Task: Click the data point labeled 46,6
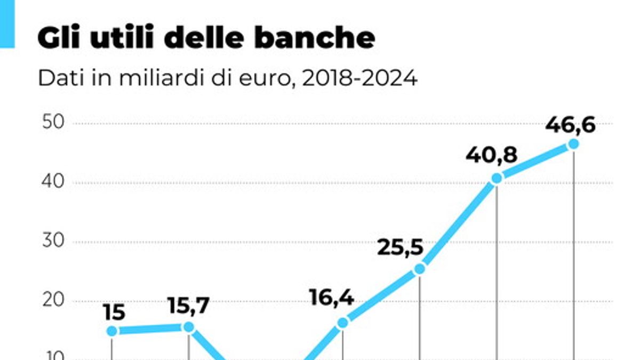coord(573,144)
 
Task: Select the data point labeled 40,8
coord(497,178)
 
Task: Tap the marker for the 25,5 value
coord(420,269)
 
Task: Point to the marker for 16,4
coord(343,323)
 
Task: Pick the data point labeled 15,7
coord(189,327)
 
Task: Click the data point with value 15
coord(112,331)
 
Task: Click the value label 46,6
coord(570,126)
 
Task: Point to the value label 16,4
coord(331,298)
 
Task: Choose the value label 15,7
coord(188,306)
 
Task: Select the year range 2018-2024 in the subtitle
coord(359,78)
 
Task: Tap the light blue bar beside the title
coord(7,24)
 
